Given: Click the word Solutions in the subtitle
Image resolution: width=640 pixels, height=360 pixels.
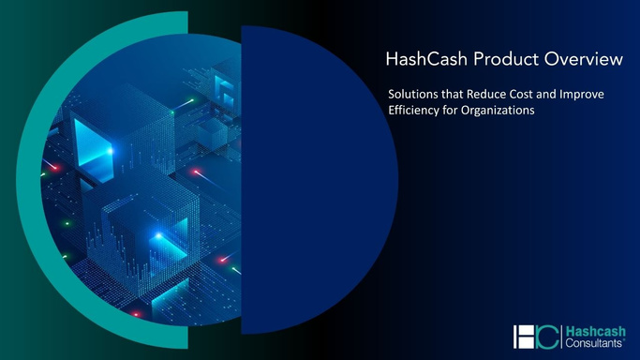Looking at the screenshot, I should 415,95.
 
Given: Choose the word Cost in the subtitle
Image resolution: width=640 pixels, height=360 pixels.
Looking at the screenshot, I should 532,95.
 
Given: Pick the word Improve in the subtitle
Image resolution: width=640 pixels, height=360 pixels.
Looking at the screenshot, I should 597,95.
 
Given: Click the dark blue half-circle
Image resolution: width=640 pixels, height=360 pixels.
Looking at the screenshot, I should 309,178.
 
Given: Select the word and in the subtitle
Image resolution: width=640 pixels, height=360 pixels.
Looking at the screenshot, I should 560,95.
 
